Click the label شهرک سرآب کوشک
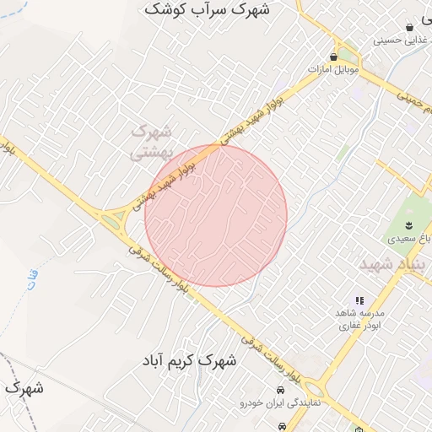pyautogui.click(x=207, y=9)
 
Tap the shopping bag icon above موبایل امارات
pyautogui.click(x=335, y=57)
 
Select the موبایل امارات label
pyautogui.click(x=333, y=70)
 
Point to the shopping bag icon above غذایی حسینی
pyautogui.click(x=410, y=27)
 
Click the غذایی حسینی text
pyautogui.click(x=402, y=40)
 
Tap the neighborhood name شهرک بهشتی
pyautogui.click(x=152, y=143)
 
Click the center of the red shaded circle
pyautogui.click(x=216, y=214)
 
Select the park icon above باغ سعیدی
pyautogui.click(x=409, y=224)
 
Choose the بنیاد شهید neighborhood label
pyautogui.click(x=395, y=264)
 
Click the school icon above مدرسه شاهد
pyautogui.click(x=359, y=300)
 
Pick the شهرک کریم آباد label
pyautogui.click(x=189, y=360)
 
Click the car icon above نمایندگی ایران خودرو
pyautogui.click(x=280, y=390)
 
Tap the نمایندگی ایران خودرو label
pyautogui.click(x=280, y=404)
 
